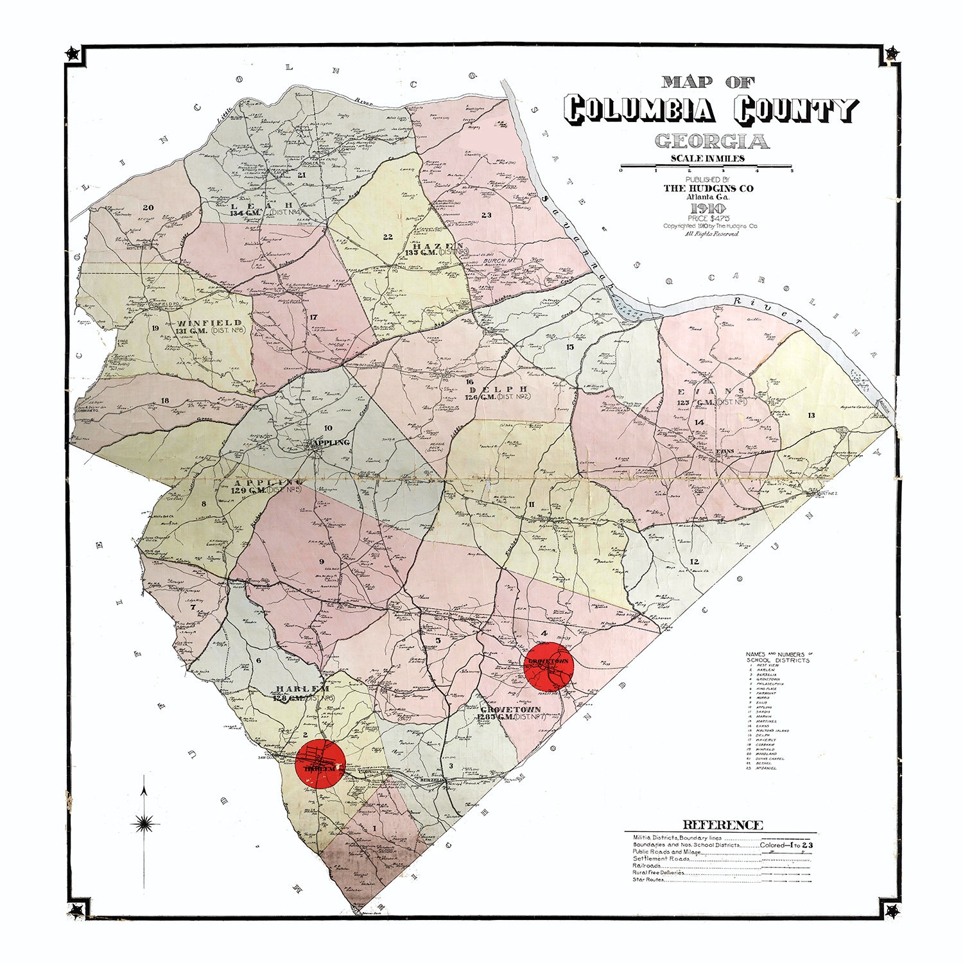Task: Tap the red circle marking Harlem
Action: (x=320, y=763)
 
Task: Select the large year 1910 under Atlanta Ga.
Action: (x=708, y=209)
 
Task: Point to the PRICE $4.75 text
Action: (x=708, y=218)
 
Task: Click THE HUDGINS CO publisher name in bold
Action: (x=708, y=188)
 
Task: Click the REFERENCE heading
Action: (x=722, y=826)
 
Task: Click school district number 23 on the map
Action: (x=486, y=215)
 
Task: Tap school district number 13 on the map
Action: (x=811, y=415)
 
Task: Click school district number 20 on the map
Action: (x=148, y=207)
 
